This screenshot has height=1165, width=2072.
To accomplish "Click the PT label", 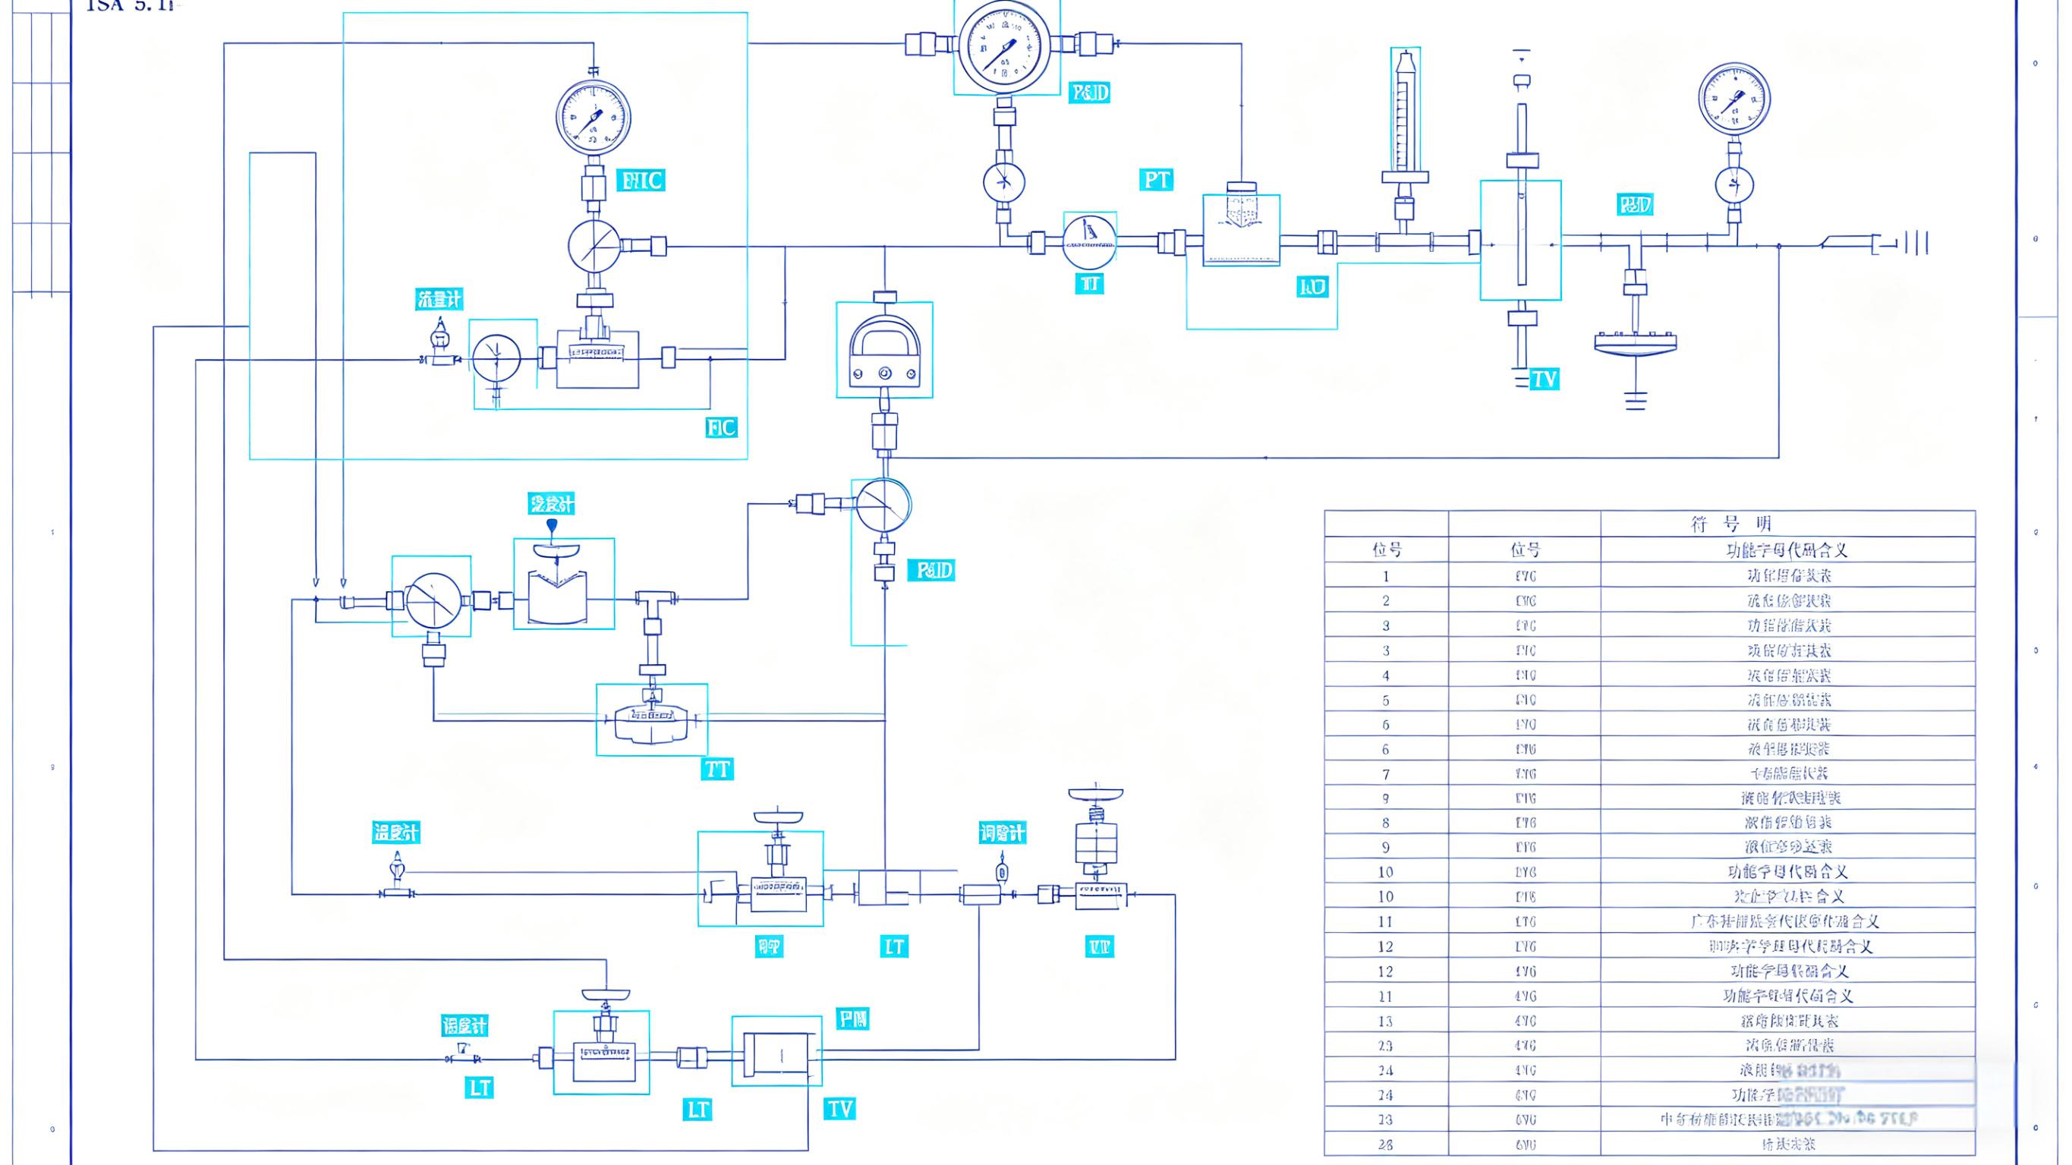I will tap(1156, 179).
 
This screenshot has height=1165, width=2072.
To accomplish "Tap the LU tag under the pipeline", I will tap(1313, 286).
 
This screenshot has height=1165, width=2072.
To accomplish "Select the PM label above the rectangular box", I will tap(852, 1019).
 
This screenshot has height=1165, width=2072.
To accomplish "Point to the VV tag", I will tap(1099, 947).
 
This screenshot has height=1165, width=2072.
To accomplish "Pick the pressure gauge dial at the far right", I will tap(1734, 99).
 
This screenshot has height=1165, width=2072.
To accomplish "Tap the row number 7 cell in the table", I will tap(1386, 774).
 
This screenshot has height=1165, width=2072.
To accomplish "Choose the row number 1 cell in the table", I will tap(1386, 576).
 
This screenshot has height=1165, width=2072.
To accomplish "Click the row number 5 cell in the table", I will tap(1386, 700).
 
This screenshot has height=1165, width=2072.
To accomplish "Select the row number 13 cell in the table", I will tap(1386, 1021).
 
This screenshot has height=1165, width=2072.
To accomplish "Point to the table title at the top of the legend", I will tap(1730, 524).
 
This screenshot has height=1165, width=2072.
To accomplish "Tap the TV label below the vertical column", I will tap(1544, 379).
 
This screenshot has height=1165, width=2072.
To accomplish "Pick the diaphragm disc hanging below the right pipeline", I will tap(1636, 343).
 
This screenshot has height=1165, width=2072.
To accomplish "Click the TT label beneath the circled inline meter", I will tap(1090, 284).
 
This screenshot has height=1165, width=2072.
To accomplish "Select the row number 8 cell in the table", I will tap(1386, 823).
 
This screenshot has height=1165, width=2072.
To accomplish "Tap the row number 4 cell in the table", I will tap(1386, 675).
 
